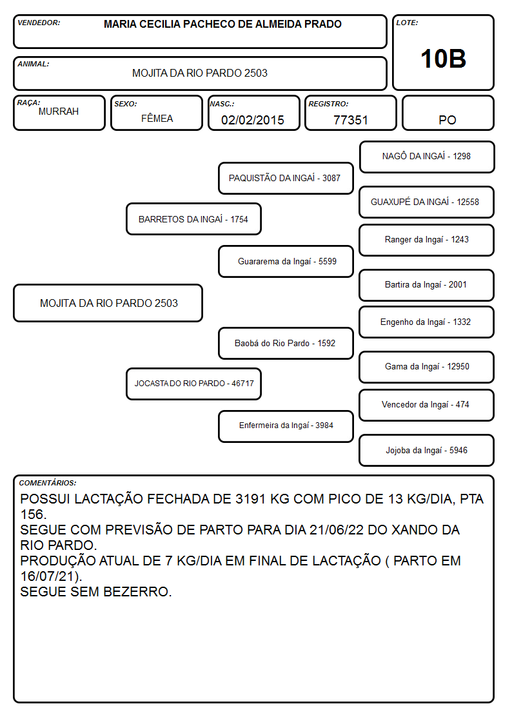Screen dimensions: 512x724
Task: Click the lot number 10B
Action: (x=443, y=59)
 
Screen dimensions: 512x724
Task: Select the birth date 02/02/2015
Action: (x=253, y=120)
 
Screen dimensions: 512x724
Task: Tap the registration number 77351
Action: (x=350, y=120)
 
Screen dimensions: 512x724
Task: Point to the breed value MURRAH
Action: (x=59, y=112)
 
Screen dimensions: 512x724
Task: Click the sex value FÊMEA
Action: (x=157, y=119)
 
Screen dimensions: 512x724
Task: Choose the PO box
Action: (x=448, y=113)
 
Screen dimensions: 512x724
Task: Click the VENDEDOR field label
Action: (x=39, y=23)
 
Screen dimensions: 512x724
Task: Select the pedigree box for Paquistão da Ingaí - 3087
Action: (x=286, y=178)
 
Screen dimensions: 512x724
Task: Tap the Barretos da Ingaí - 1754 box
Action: (x=193, y=219)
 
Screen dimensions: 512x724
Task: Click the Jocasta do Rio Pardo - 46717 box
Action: (x=193, y=384)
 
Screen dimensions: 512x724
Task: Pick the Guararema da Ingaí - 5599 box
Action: (x=286, y=261)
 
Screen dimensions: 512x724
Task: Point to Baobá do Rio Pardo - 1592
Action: (x=286, y=343)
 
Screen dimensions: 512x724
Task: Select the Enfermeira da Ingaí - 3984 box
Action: (x=286, y=426)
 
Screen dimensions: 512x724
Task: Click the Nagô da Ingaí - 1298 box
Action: (x=427, y=157)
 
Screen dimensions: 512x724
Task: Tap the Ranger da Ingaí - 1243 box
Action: (x=427, y=240)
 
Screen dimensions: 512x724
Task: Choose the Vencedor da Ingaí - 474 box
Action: (x=427, y=405)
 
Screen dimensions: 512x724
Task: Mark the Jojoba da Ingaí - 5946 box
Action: (x=427, y=450)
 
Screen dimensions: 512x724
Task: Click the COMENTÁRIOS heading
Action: (x=48, y=483)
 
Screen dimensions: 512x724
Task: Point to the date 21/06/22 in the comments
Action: (x=337, y=530)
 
